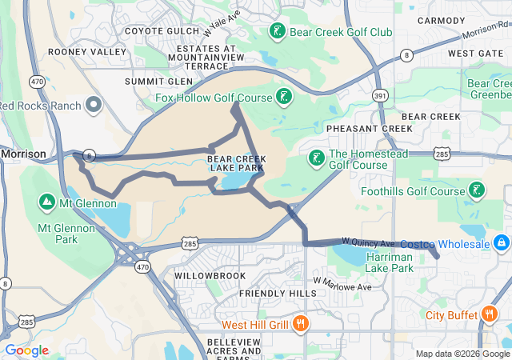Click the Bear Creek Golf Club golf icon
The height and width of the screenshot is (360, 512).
tap(277, 32)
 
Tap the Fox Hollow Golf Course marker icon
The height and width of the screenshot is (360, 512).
tap(282, 98)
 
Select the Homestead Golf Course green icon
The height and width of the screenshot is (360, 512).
tap(317, 158)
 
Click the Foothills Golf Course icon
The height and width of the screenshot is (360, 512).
tap(477, 190)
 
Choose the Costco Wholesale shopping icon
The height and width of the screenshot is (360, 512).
tap(501, 242)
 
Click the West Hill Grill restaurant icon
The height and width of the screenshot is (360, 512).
tap(300, 324)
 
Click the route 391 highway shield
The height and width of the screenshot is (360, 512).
tap(380, 96)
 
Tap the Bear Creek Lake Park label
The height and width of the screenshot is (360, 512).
tap(235, 163)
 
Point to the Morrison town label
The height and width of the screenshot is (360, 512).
tap(23, 153)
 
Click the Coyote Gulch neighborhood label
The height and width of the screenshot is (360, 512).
tap(159, 31)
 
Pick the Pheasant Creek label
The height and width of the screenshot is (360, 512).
tap(369, 128)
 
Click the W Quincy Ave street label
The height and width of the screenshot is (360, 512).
tap(369, 242)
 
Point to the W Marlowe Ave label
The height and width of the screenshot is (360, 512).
tap(343, 284)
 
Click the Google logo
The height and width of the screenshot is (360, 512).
tap(26, 350)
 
